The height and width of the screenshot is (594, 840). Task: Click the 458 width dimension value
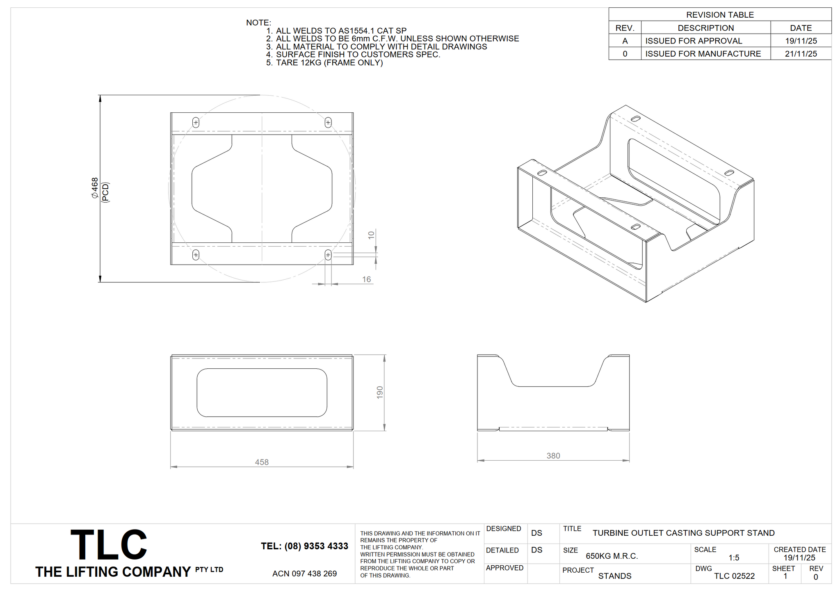pos(262,462)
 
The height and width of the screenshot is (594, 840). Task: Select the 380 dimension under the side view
pos(553,456)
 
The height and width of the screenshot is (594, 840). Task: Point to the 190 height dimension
pos(380,392)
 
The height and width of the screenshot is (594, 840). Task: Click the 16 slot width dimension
pos(366,279)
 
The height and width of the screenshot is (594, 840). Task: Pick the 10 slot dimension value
pos(371,235)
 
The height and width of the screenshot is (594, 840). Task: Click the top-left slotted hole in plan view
pos(196,122)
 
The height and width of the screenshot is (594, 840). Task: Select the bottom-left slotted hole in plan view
pos(196,255)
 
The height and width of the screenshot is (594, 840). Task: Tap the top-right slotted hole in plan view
pos(328,122)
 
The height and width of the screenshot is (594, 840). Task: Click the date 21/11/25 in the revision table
pos(801,54)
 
